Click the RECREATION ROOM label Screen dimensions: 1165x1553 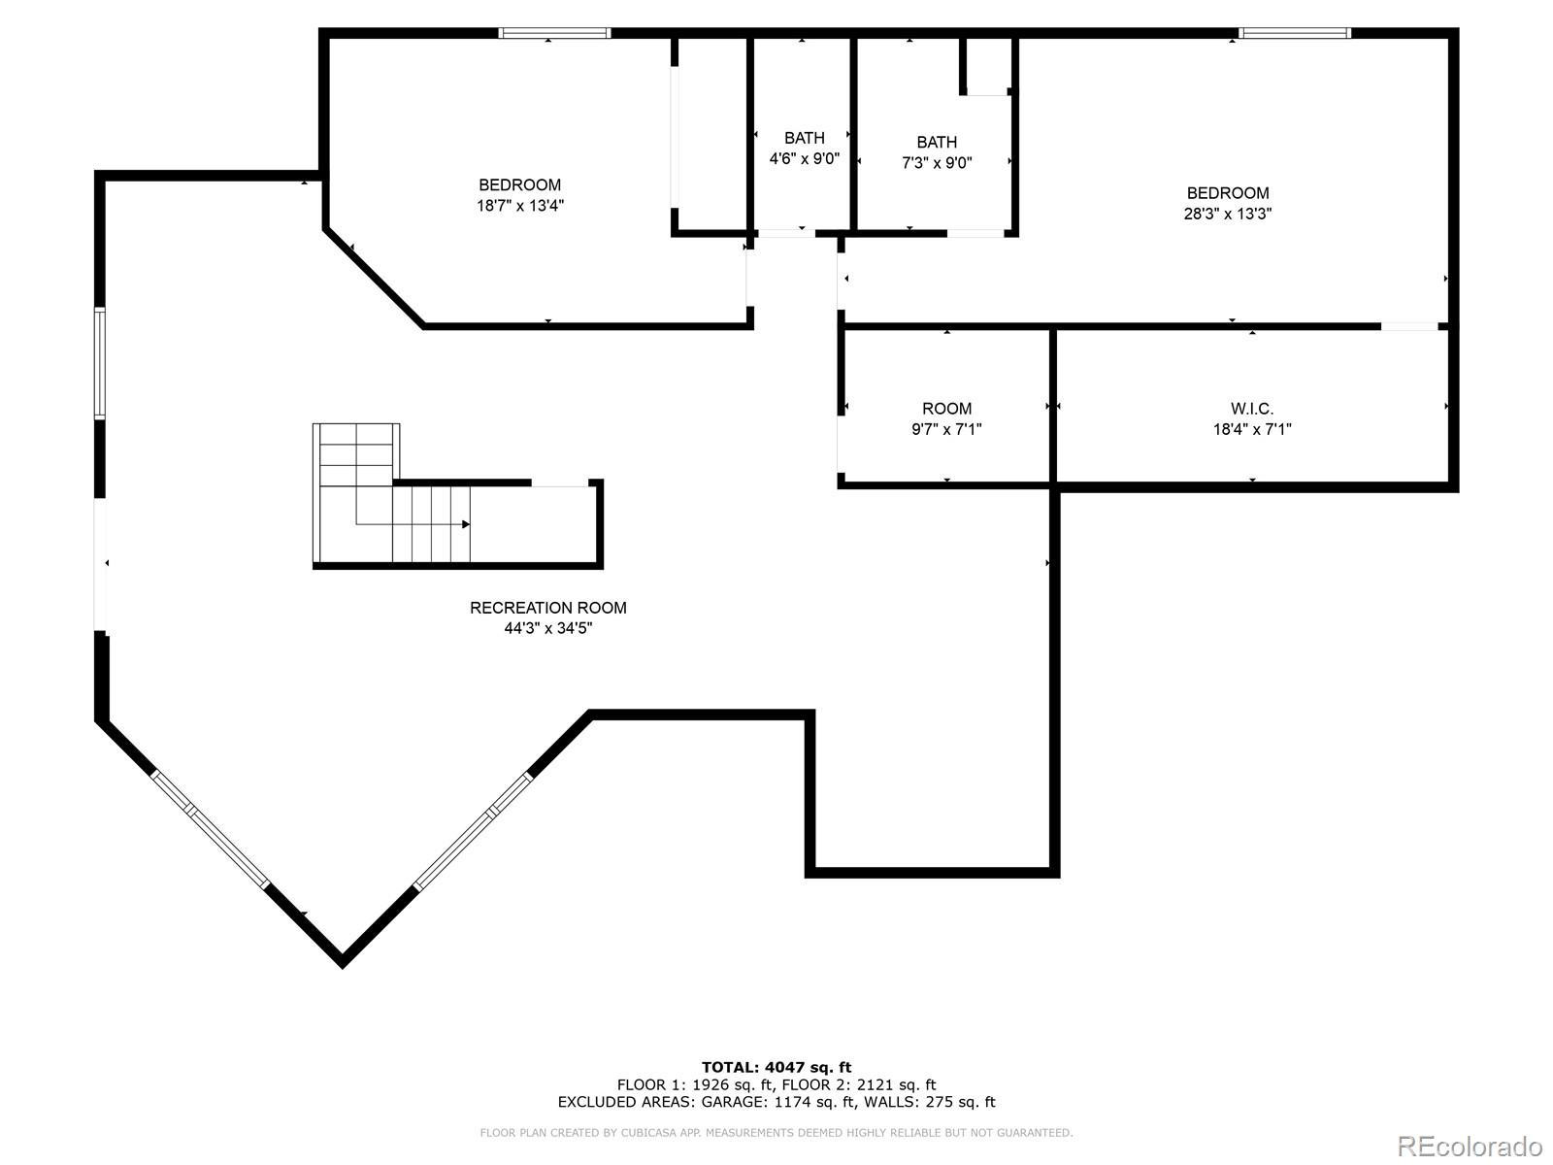click(x=548, y=608)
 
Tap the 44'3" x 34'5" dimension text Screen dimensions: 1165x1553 click(x=548, y=628)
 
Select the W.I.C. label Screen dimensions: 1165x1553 click(x=1252, y=409)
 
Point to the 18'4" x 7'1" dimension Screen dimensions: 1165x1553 click(x=1252, y=429)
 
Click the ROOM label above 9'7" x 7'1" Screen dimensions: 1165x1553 click(x=946, y=409)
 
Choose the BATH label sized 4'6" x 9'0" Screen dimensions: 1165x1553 click(x=805, y=138)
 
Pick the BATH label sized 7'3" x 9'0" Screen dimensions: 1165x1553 click(x=937, y=143)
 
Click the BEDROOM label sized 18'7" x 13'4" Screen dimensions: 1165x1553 click(x=519, y=184)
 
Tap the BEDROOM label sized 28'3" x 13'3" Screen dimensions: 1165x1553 click(x=1228, y=193)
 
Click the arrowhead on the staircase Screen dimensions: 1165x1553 click(x=466, y=524)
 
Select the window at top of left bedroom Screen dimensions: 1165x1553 click(x=554, y=33)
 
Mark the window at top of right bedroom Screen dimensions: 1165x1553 click(x=1295, y=33)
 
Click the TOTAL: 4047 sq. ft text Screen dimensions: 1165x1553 click(x=776, y=1067)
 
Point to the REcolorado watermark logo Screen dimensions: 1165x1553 click(x=1470, y=1146)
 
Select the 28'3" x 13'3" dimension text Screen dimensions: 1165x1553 click(x=1228, y=214)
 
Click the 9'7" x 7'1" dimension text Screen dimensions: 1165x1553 click(x=946, y=429)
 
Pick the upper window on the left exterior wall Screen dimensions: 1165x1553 click(x=99, y=363)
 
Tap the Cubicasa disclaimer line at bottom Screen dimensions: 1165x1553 click(x=776, y=1133)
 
